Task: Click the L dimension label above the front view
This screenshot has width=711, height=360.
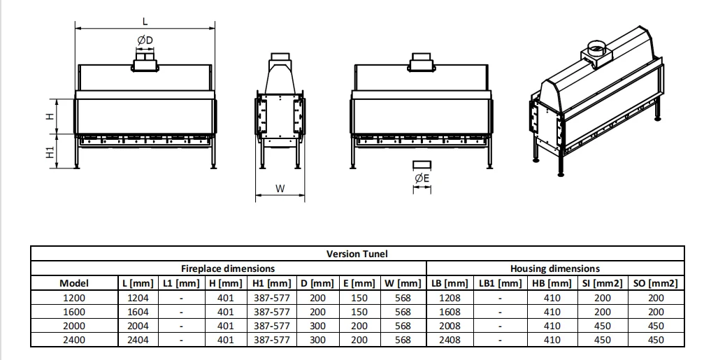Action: (x=145, y=21)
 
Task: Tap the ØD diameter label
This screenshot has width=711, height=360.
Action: (x=145, y=41)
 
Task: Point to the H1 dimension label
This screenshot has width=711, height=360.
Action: (x=50, y=152)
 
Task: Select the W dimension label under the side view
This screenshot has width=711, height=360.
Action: (x=280, y=189)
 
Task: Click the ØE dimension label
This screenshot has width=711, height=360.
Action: (x=422, y=178)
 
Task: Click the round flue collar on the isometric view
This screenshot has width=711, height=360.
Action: (x=598, y=47)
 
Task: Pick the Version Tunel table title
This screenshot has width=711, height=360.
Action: (x=357, y=254)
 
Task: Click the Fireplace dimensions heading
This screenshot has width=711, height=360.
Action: (x=228, y=268)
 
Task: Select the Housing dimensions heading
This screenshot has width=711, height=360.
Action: (x=555, y=268)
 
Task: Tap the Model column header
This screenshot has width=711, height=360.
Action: (x=74, y=283)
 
